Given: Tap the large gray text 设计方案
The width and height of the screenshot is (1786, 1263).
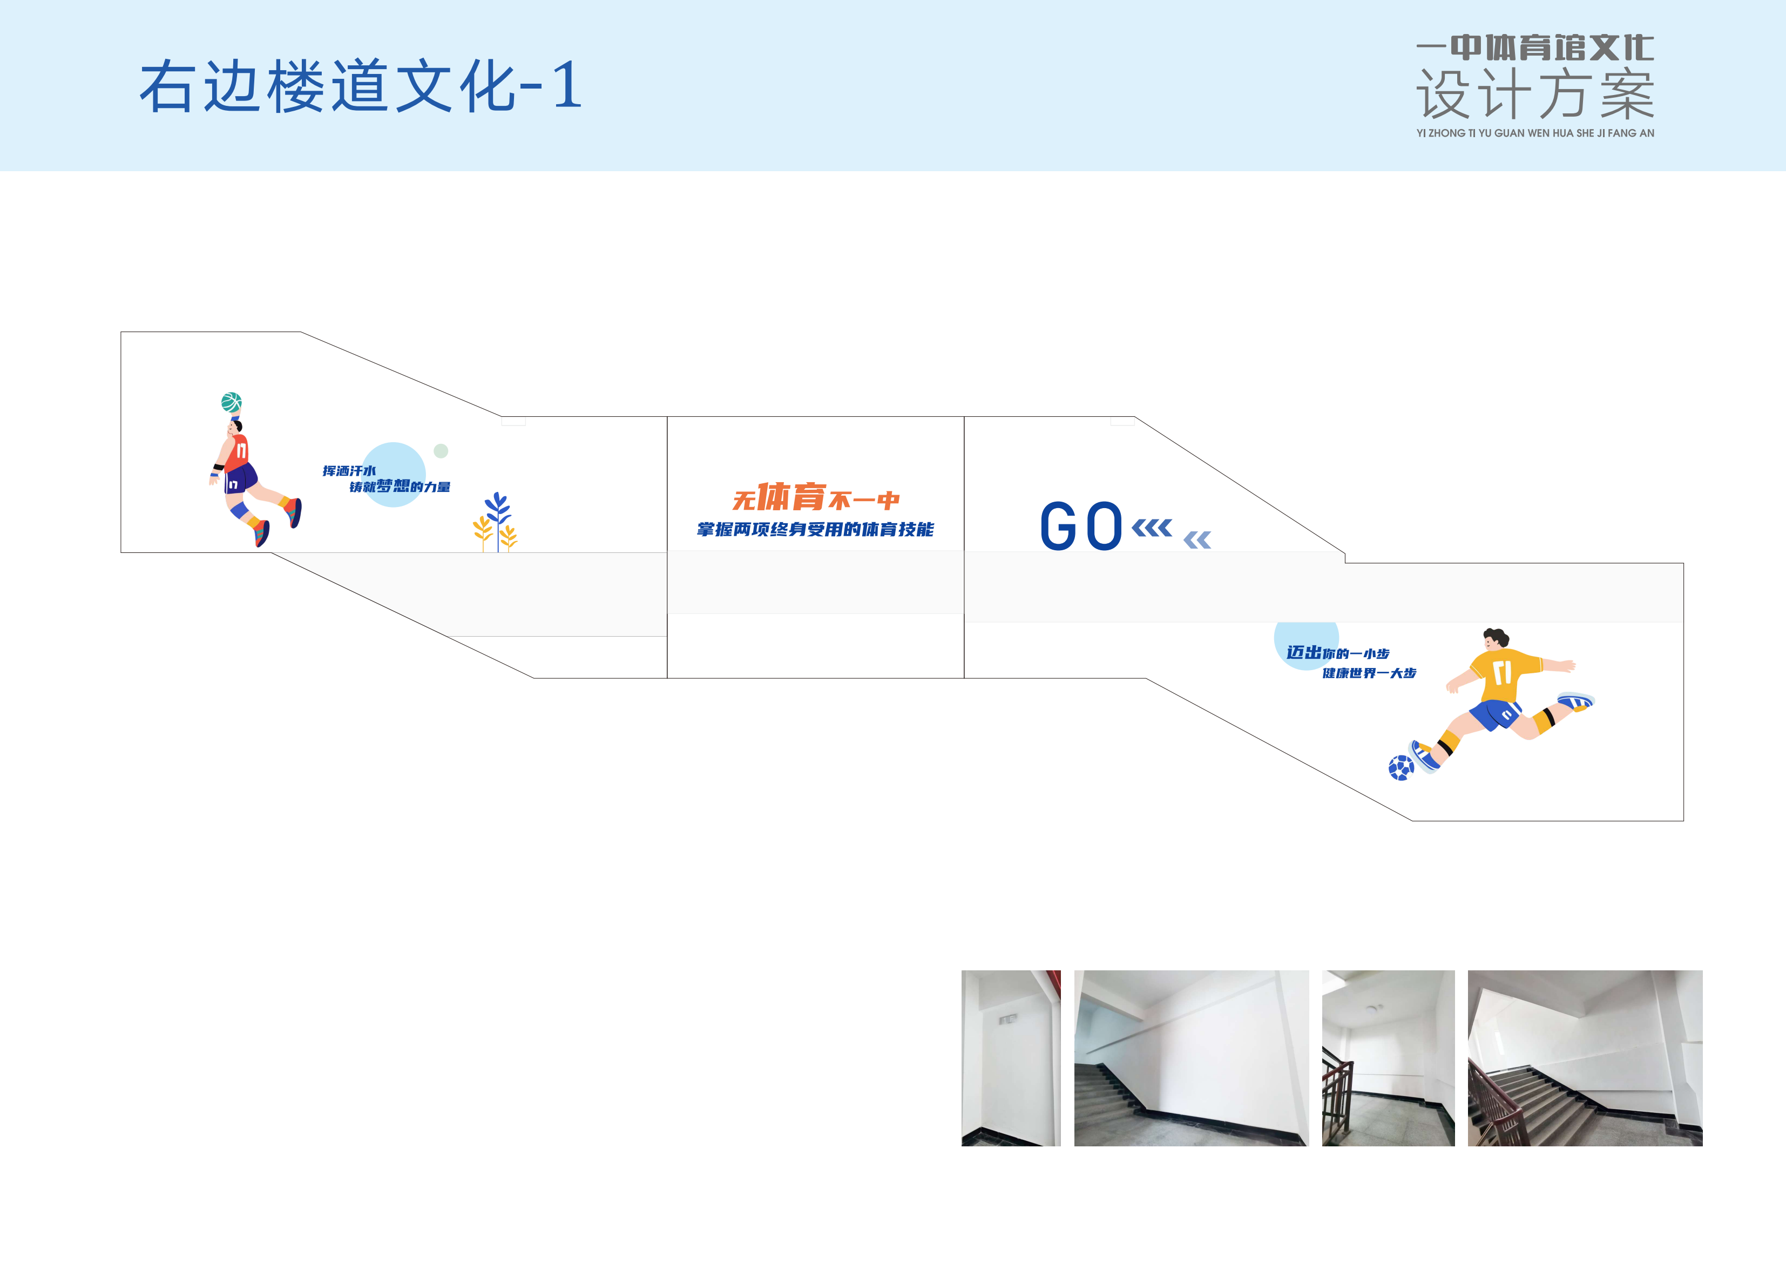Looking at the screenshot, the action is [x=1535, y=94].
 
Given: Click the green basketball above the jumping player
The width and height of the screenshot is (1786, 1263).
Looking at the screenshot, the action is [x=231, y=402].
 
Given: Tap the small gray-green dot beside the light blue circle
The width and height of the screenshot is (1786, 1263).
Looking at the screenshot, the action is [x=441, y=450].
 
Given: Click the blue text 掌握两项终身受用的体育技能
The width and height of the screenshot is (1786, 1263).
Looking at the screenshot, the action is [x=815, y=530].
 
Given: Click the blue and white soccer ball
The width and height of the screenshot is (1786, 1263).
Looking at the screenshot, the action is [x=1401, y=768].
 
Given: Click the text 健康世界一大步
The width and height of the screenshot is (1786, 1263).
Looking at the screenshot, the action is [x=1369, y=673].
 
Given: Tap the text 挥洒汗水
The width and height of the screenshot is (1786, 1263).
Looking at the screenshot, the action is [x=349, y=471].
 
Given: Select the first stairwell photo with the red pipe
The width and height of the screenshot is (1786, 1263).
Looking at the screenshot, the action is [x=1011, y=1058].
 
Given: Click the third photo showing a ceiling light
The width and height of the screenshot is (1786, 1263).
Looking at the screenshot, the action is [x=1389, y=1058].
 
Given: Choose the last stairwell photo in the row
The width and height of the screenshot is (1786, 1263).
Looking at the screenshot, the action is [x=1585, y=1058].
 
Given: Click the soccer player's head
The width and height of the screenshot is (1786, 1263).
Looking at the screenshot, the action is [x=1494, y=640].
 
